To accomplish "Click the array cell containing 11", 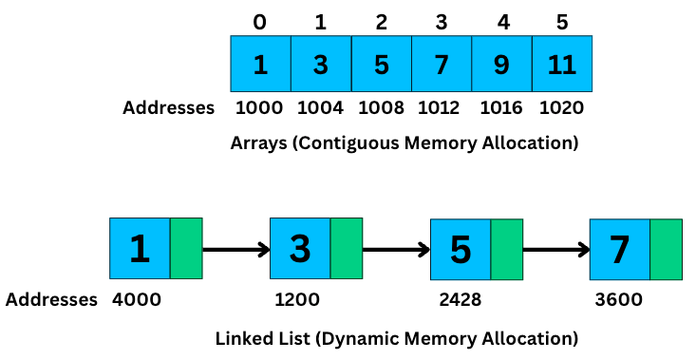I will tap(562, 65).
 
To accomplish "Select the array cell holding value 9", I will tap(501, 65).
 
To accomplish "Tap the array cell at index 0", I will tap(260, 65).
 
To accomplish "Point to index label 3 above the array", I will tap(442, 20).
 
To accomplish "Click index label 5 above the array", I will tap(562, 20).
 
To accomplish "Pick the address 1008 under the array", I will tap(381, 107).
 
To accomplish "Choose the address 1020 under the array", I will tap(562, 107).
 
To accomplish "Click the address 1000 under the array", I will tap(260, 107).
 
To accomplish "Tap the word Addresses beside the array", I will tap(169, 107).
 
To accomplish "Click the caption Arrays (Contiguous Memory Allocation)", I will tap(404, 143).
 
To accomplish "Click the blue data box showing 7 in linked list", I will tap(620, 249).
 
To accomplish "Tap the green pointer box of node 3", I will tap(347, 249).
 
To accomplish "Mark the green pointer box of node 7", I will tap(667, 249).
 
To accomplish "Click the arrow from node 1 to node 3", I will tap(236, 251).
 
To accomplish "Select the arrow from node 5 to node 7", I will tap(556, 251).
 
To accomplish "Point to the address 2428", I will tap(461, 300).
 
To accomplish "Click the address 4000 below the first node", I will tap(137, 300).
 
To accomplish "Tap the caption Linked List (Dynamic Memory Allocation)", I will tap(396, 337).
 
